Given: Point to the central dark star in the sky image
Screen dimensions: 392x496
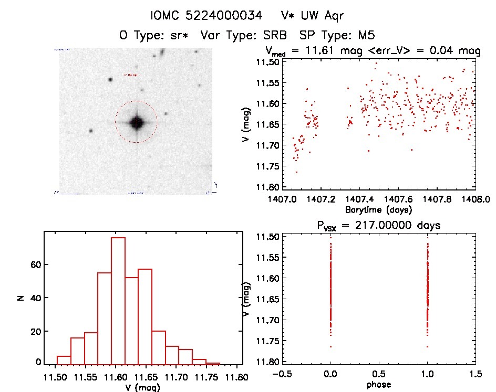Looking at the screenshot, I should [x=137, y=122].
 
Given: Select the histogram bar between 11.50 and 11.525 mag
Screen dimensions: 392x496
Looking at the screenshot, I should [x=64, y=359].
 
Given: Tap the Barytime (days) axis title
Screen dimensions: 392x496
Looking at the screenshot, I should [x=378, y=210].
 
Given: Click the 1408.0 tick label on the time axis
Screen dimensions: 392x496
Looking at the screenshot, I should [x=476, y=200].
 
